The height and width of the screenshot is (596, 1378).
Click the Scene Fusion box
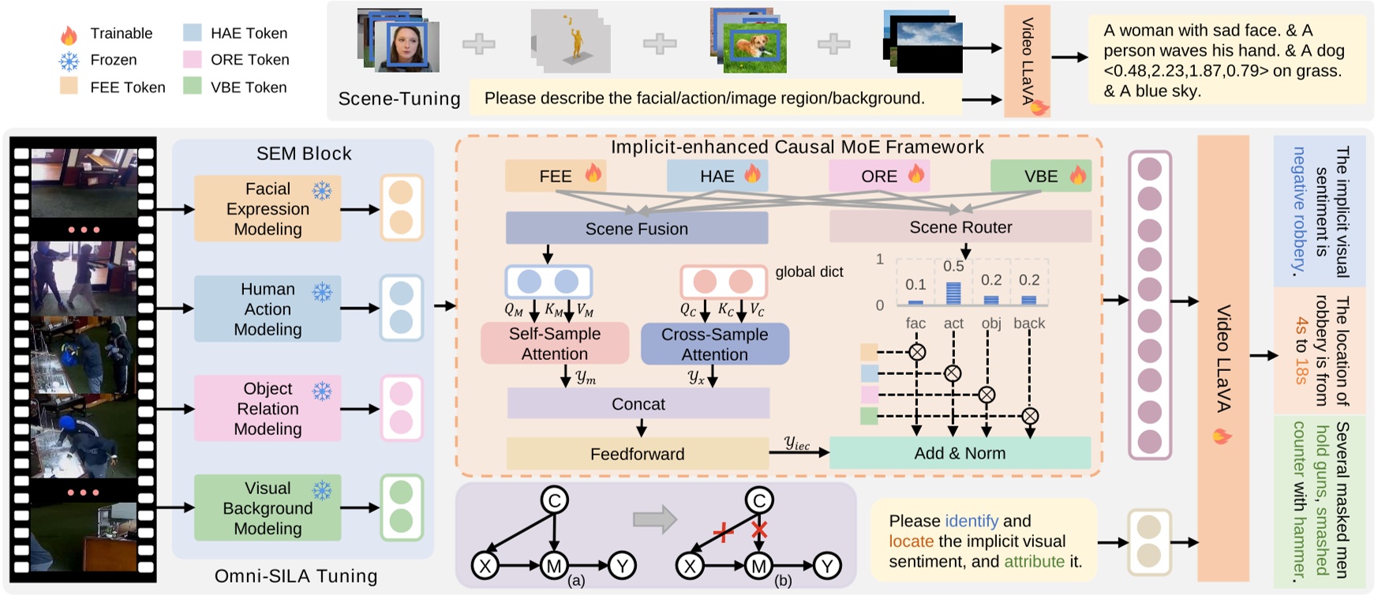(x=636, y=229)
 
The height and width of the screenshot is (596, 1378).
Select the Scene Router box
(x=960, y=227)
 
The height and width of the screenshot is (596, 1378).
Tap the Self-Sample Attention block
(x=554, y=343)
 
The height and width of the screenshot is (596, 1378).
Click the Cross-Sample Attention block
(x=714, y=344)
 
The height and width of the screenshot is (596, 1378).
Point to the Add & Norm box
(x=959, y=453)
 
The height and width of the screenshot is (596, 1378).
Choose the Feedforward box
(x=637, y=454)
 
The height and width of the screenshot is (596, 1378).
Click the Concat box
(x=638, y=404)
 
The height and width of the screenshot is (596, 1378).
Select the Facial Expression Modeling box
(x=268, y=209)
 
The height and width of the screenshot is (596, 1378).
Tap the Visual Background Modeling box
(x=268, y=508)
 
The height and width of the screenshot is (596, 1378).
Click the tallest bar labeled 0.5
(x=953, y=293)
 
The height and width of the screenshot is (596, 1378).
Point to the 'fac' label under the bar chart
(x=916, y=323)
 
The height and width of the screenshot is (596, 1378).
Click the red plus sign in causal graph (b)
(x=723, y=533)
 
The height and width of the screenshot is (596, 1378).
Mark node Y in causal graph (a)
(x=622, y=565)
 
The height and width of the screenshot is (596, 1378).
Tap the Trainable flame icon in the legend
(x=69, y=35)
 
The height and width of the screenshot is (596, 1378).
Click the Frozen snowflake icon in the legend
(x=69, y=61)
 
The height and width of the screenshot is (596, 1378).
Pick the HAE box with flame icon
(x=717, y=176)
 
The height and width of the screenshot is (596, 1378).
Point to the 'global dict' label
(x=809, y=272)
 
